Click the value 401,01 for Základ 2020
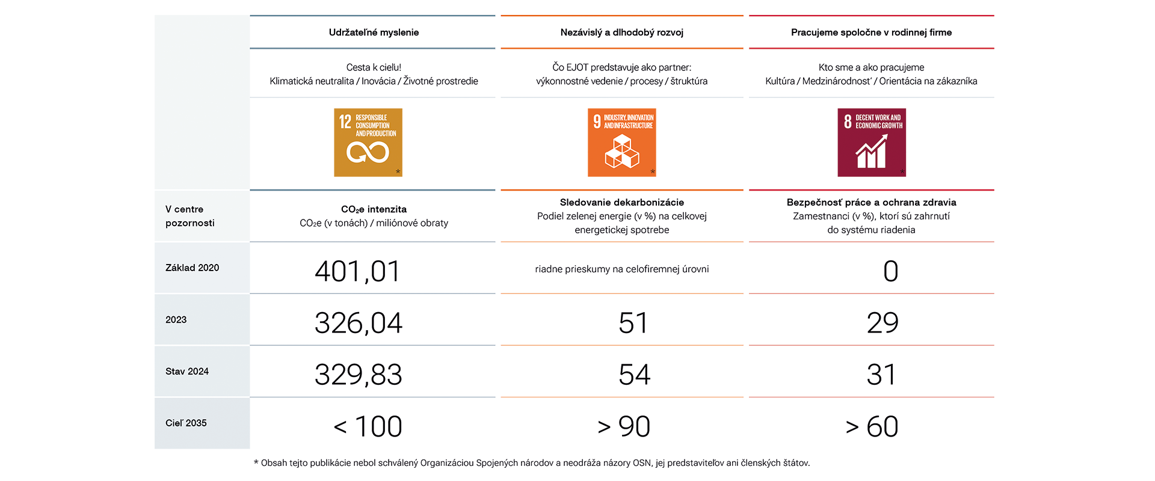point(357,271)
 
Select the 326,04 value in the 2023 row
point(358,323)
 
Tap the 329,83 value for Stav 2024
point(358,375)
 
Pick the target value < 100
point(368,426)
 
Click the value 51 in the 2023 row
point(633,323)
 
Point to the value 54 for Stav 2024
point(634,375)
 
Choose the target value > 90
point(624,426)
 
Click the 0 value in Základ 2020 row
point(890,271)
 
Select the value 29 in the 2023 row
point(882,323)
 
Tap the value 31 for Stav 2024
point(881,375)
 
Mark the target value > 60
point(872,426)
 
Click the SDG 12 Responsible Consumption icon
point(368,142)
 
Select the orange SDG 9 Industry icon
point(621,142)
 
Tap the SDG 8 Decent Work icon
point(872,142)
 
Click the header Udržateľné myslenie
point(374,32)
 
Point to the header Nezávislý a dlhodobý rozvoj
point(621,32)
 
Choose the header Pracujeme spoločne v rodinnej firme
point(871,32)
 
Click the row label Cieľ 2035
point(186,423)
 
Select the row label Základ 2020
point(192,268)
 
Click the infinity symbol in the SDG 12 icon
point(368,153)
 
